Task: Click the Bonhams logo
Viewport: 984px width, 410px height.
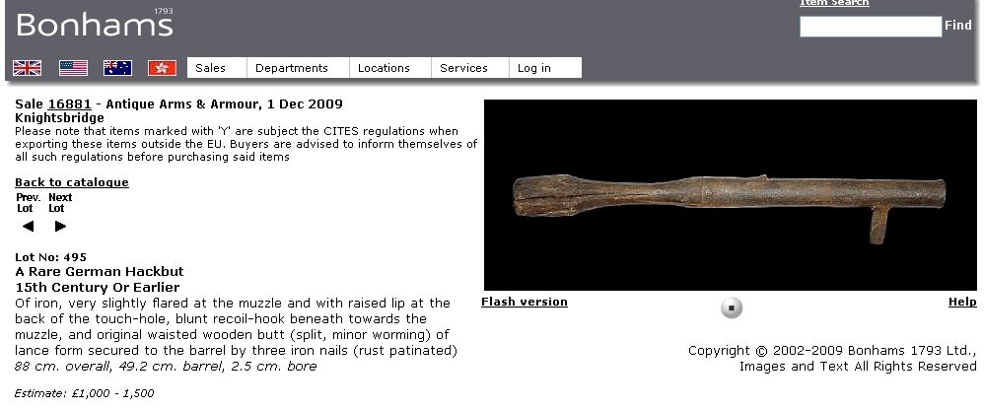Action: point(95,24)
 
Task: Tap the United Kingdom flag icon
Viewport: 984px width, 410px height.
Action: point(27,68)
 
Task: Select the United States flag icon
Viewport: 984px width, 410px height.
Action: point(73,68)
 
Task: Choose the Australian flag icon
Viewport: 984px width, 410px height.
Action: point(118,68)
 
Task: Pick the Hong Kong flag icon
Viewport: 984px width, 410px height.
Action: point(163,68)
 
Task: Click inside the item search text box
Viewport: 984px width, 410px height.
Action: point(871,27)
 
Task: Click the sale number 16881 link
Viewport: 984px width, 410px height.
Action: point(70,104)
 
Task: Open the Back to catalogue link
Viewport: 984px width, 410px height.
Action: point(72,182)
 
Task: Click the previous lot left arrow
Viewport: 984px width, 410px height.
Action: point(28,227)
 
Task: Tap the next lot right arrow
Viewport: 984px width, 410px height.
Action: point(60,227)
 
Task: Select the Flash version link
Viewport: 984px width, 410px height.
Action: point(524,303)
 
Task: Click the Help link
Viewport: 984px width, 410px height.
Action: point(962,303)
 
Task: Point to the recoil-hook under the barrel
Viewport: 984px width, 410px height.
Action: point(879,224)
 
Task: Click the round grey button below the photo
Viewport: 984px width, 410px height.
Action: point(731,307)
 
